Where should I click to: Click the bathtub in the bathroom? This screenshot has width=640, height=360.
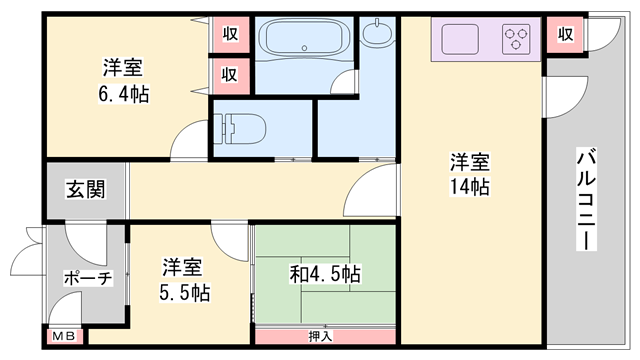(303, 41)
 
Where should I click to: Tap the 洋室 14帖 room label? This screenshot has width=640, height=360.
(468, 174)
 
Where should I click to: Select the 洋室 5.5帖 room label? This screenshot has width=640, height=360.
(185, 280)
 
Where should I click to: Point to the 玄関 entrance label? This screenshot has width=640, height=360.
(86, 188)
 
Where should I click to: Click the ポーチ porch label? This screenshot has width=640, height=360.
(86, 277)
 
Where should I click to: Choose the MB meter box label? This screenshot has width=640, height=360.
(62, 338)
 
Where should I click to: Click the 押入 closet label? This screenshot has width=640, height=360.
(321, 337)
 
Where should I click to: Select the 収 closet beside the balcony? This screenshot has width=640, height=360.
(566, 35)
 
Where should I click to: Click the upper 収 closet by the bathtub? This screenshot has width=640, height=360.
(230, 34)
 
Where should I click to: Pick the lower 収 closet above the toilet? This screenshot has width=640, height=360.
(230, 73)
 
